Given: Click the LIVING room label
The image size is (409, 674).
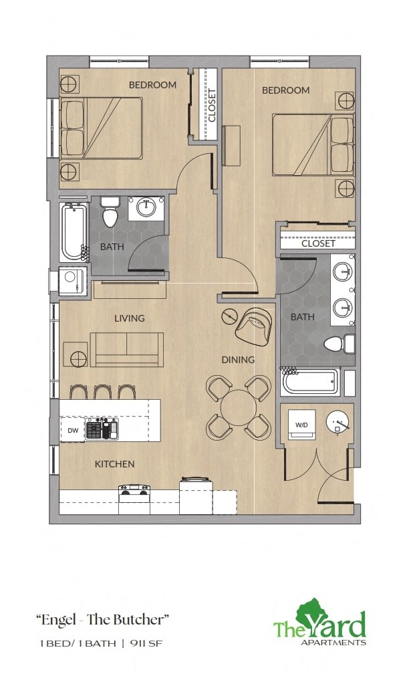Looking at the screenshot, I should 129,318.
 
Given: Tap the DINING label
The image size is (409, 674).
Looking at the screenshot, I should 238,360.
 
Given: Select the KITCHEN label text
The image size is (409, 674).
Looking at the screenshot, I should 114,463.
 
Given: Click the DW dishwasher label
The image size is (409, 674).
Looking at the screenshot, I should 72,431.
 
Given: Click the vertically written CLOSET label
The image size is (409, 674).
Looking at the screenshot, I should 212,105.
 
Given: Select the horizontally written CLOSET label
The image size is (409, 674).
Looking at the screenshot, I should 318,243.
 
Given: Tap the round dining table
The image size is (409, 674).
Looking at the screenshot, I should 239,407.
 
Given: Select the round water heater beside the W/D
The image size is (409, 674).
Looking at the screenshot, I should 339,421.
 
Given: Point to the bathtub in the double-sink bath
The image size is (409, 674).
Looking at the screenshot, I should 309,382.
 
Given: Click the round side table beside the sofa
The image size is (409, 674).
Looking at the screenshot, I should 76,354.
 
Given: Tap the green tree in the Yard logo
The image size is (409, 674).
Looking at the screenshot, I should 312,614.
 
